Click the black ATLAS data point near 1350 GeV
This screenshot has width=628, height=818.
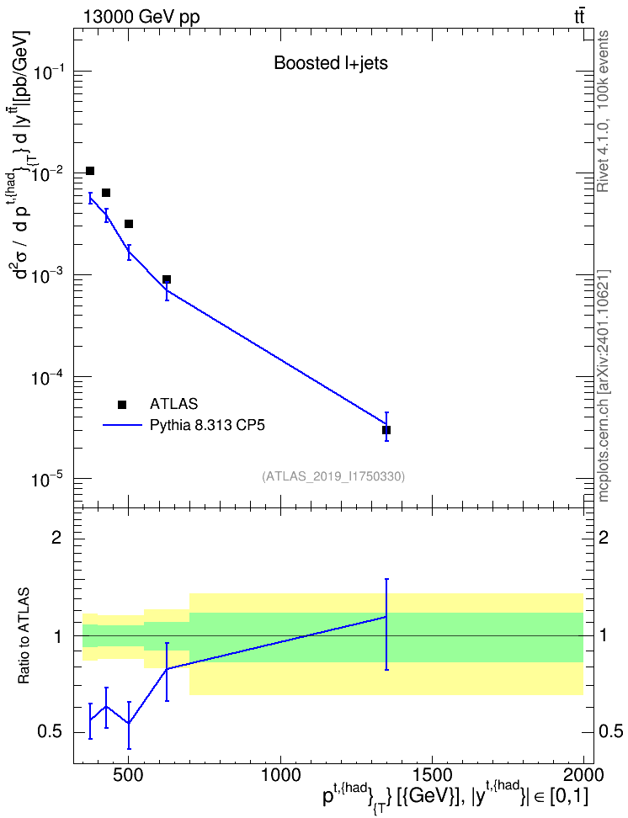pos(386,430)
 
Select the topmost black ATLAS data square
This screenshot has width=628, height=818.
pos(90,171)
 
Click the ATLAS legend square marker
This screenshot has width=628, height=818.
pos(122,404)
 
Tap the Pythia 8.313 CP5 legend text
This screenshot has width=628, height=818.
pos(207,425)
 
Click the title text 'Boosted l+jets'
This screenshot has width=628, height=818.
pos(331,63)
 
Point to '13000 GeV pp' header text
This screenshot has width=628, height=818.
pos(141,17)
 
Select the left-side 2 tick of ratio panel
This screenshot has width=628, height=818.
pos(56,537)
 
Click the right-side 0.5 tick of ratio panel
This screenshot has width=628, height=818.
pos(610,732)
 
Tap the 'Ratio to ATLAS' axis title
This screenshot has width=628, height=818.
pos(24,636)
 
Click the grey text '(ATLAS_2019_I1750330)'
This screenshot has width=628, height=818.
pos(333,476)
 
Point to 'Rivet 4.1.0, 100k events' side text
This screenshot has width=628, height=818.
pos(603,111)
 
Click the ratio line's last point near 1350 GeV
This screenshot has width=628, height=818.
pos(386,617)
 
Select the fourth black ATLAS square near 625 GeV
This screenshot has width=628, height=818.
pos(167,279)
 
